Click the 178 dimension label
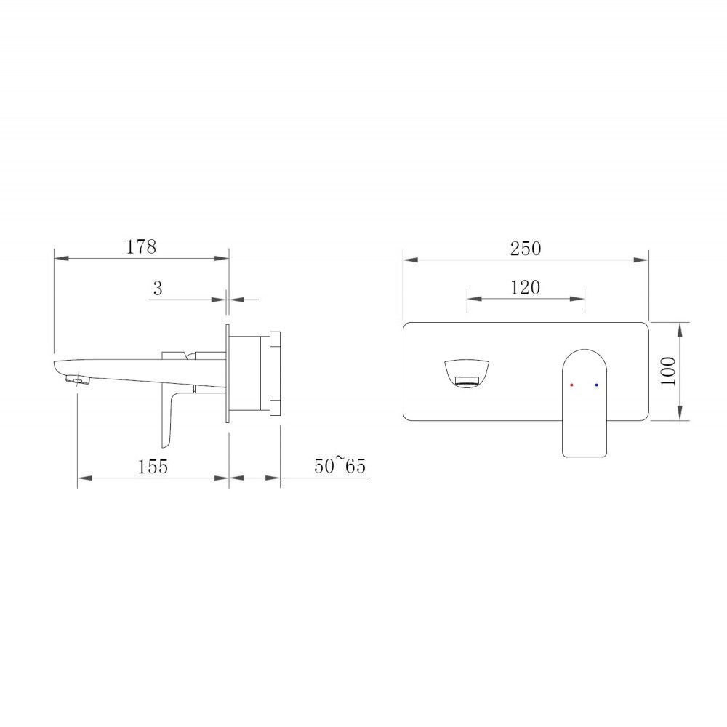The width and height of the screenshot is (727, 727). (142, 246)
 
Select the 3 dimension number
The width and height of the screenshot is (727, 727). (158, 289)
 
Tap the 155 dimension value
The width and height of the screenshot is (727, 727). (153, 466)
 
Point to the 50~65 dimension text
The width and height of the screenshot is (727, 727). (340, 465)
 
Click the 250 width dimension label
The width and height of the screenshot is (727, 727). (526, 249)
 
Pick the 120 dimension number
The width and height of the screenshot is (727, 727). (526, 287)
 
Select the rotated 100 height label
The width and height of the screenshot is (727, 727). (668, 371)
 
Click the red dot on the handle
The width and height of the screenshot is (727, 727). (571, 385)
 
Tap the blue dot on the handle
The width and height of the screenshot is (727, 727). (596, 385)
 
